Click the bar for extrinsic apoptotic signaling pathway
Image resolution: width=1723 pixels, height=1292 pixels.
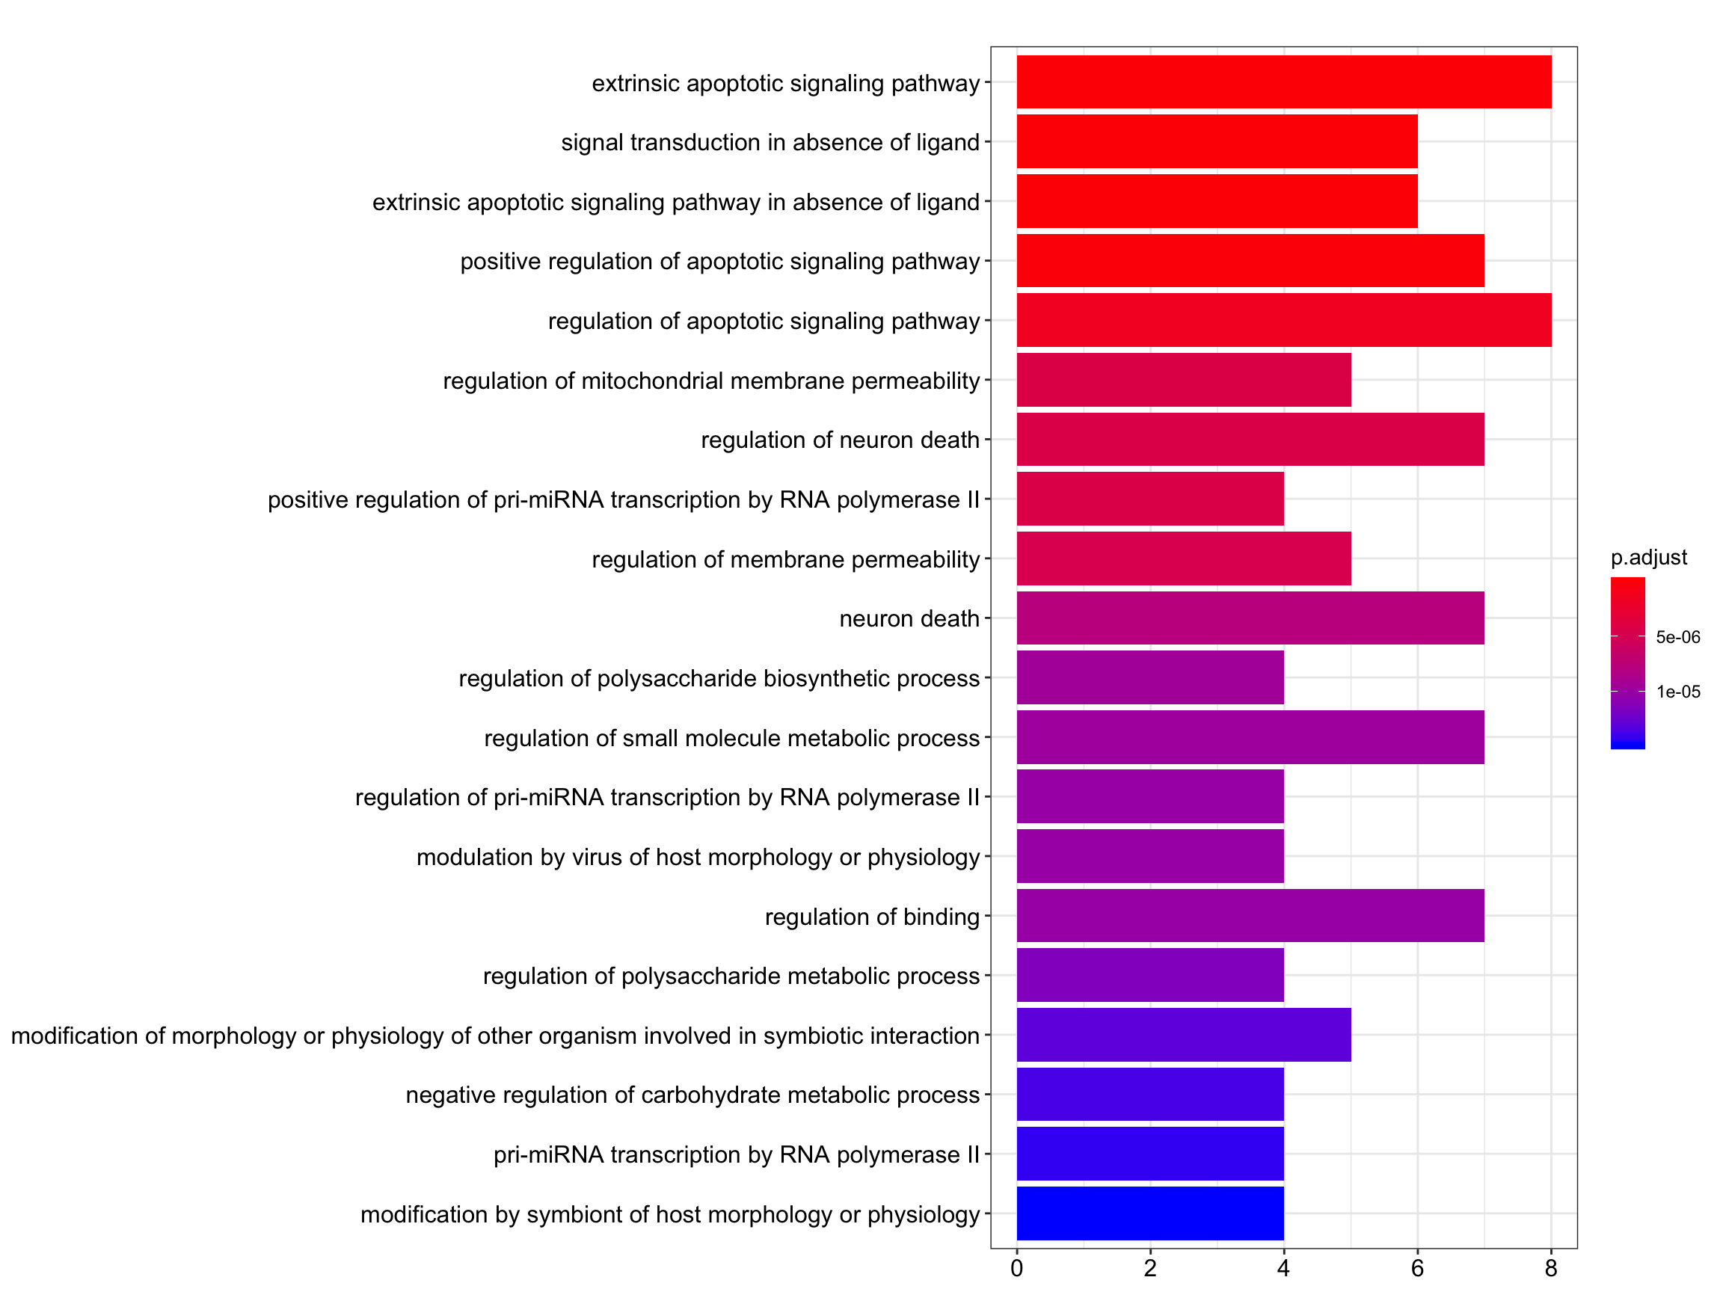[1284, 81]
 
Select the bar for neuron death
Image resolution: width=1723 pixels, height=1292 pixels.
[1250, 618]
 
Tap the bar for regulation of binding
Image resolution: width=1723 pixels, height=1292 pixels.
[1250, 915]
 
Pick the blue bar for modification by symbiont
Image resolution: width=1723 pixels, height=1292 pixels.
[1149, 1213]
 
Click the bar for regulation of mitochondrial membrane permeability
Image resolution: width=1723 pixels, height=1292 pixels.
[1183, 379]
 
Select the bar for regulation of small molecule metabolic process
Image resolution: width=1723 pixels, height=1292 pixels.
[1250, 736]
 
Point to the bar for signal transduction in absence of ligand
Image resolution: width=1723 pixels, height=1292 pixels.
[1217, 141]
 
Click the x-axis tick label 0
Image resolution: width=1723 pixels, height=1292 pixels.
[1016, 1269]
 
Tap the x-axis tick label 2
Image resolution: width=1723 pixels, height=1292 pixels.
[1149, 1269]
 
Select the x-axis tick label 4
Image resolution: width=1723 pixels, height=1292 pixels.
[1284, 1269]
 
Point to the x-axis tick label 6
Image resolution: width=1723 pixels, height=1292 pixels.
[1417, 1269]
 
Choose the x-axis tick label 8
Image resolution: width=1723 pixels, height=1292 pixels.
[1551, 1269]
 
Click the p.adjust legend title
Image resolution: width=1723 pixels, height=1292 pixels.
[1649, 558]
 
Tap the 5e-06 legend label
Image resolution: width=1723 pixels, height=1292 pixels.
[1678, 637]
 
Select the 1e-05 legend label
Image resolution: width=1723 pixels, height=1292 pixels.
[1678, 692]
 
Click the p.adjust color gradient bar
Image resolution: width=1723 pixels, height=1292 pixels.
[1627, 662]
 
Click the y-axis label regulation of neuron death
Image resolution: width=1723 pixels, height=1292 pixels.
[840, 440]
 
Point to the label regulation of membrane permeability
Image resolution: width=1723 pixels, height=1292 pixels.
[785, 559]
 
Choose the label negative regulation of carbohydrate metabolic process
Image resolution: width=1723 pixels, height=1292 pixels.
[692, 1095]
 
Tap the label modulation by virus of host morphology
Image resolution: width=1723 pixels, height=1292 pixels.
[698, 857]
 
